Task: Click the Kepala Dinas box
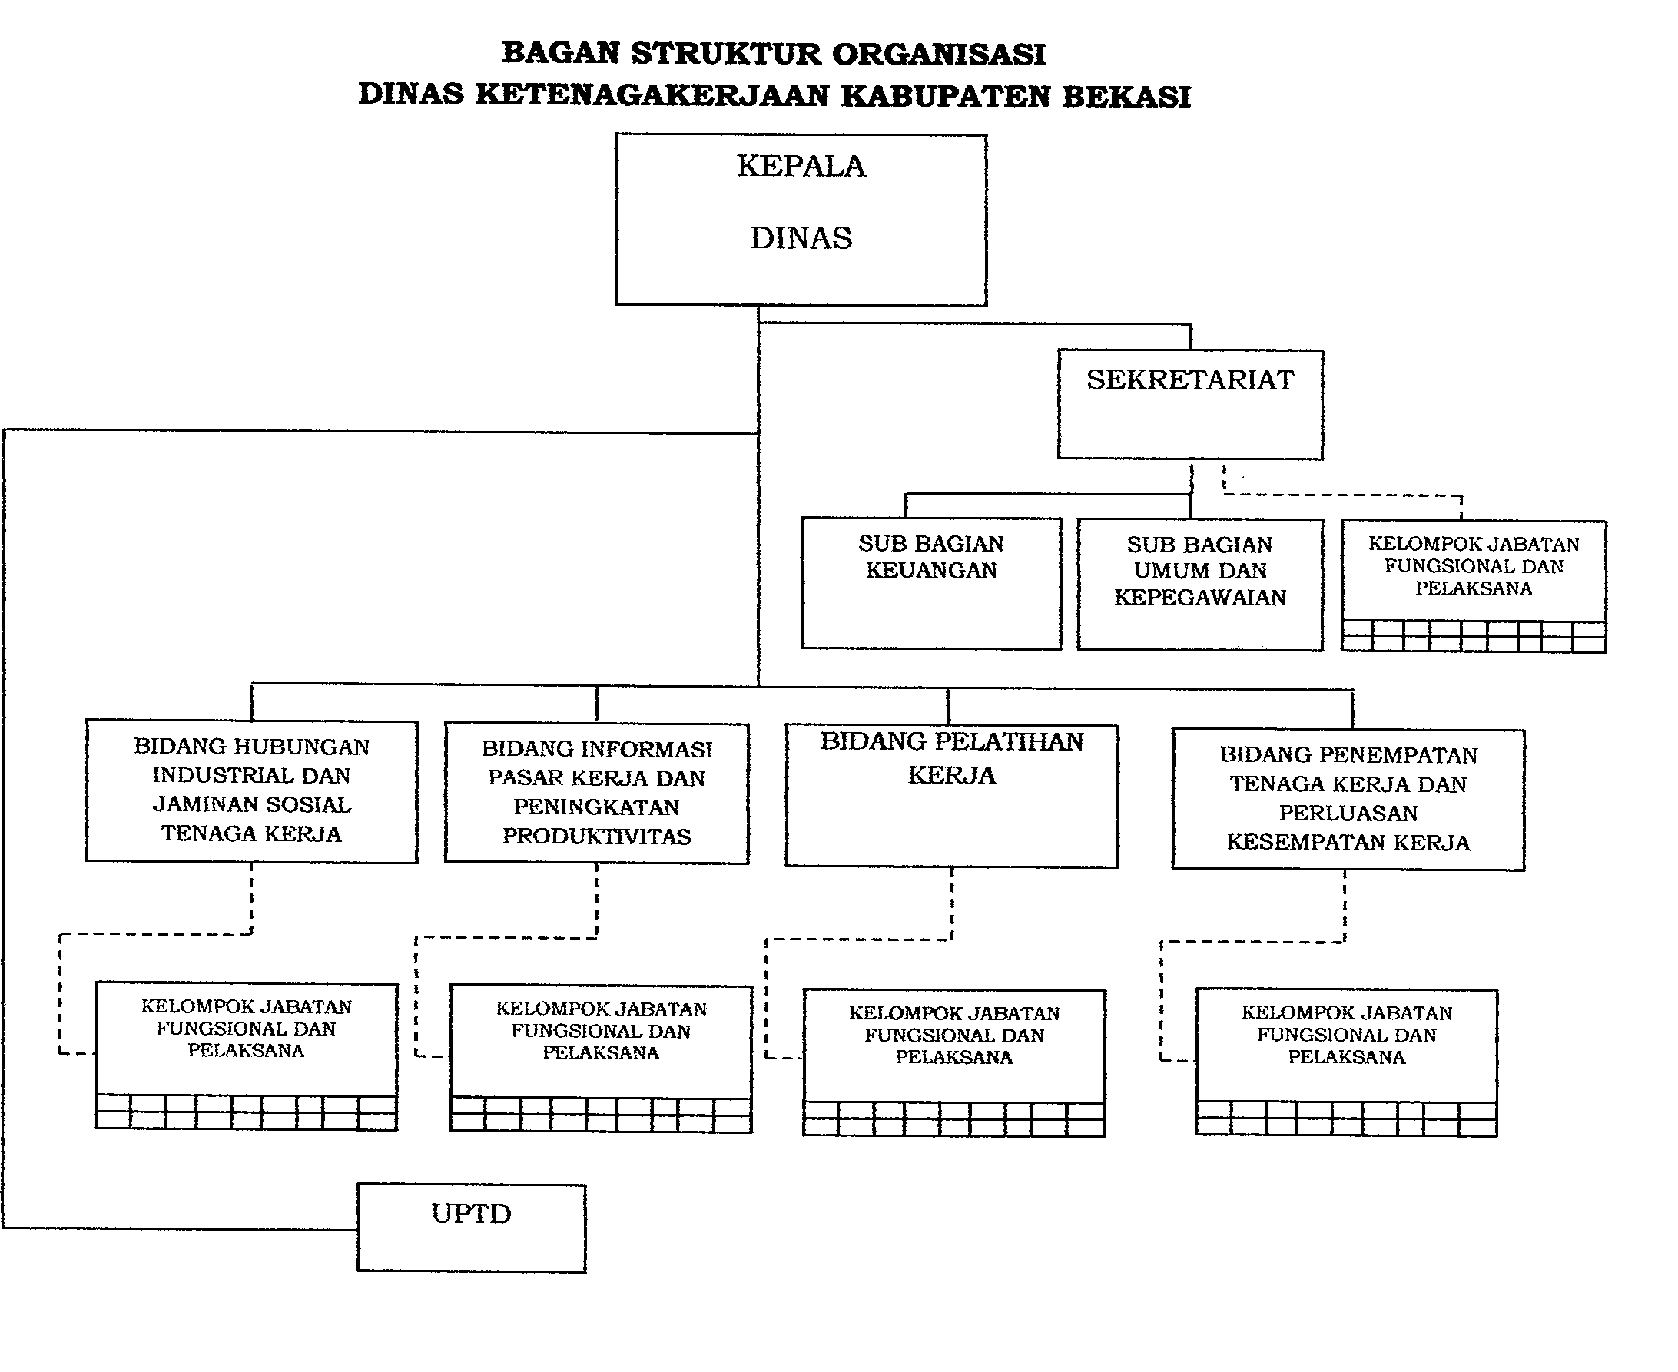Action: (801, 219)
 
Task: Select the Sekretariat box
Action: (1189, 404)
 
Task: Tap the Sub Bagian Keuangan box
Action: (931, 583)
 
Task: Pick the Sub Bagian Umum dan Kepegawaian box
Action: (1199, 584)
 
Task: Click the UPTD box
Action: (471, 1227)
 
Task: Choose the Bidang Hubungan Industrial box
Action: (251, 790)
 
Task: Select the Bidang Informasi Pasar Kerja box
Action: (596, 793)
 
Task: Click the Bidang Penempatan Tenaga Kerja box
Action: (1348, 799)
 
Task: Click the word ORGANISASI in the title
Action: (938, 55)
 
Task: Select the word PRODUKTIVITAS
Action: (597, 836)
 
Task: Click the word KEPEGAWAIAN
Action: (1200, 598)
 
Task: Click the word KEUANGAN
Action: (931, 571)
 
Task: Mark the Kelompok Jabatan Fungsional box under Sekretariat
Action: (1473, 585)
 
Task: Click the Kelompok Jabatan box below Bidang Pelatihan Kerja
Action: (953, 1062)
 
